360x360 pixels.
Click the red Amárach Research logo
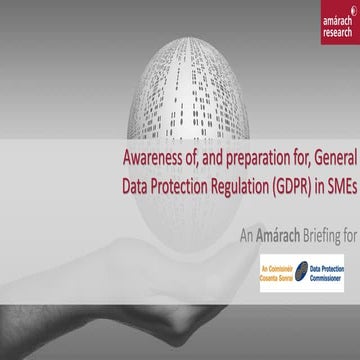point(332,24)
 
